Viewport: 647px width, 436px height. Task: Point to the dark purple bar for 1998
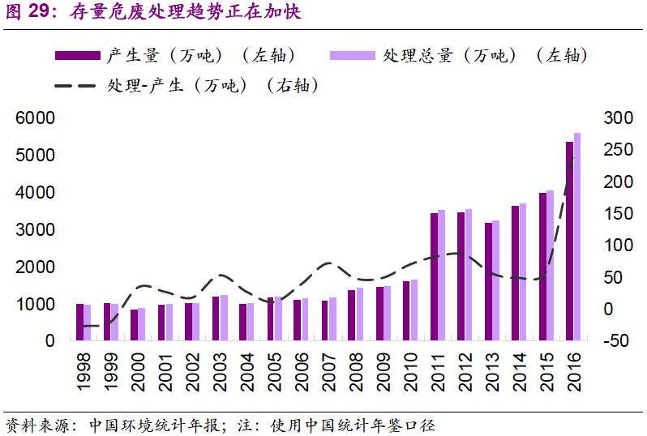click(79, 323)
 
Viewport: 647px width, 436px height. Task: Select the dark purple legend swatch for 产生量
click(78, 55)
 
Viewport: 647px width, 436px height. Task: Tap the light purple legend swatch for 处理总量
click(353, 55)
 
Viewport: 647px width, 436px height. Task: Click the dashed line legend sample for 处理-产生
click(78, 85)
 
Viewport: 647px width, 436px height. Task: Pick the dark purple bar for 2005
click(272, 319)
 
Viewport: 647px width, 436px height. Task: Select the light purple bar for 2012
click(468, 275)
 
